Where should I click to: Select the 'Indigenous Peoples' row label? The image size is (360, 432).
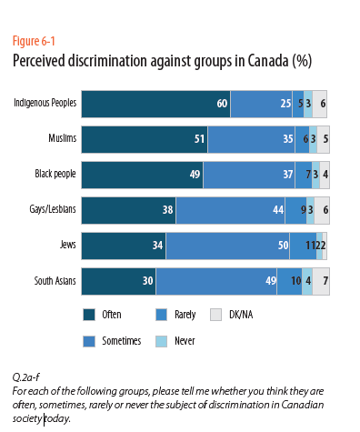(x=45, y=105)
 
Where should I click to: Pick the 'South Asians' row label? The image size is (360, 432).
(x=54, y=282)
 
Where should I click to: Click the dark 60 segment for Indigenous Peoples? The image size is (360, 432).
(x=155, y=105)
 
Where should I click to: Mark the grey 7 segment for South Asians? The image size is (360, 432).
(x=321, y=282)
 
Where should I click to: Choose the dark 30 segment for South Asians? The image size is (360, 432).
(x=119, y=282)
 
